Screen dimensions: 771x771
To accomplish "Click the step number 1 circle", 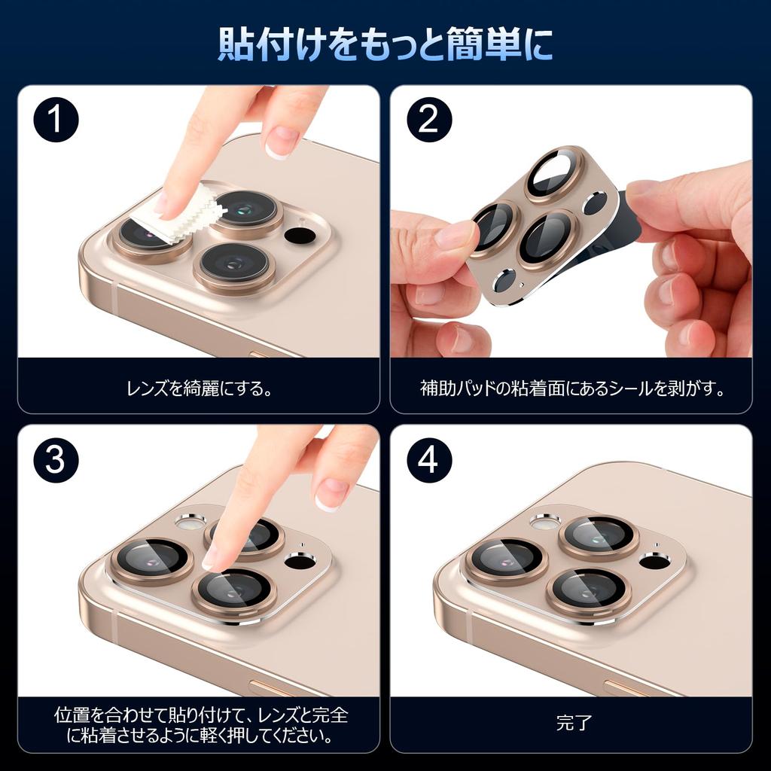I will tap(56, 121).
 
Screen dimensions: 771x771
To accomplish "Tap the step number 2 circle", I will tap(428, 121).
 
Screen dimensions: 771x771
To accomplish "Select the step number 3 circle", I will tap(56, 460).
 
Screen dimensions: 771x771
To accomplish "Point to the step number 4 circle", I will tap(428, 460).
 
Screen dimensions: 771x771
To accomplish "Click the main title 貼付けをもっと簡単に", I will tap(385, 44).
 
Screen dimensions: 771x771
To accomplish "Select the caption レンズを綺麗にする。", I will tap(198, 389).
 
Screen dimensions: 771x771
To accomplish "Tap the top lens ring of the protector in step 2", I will tap(555, 174).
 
